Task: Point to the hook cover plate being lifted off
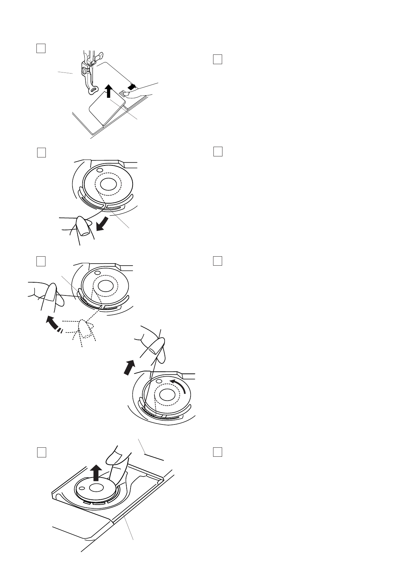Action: (104, 108)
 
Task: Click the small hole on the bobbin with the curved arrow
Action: (159, 381)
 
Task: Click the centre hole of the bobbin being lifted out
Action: (94, 488)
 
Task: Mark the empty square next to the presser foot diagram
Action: (41, 48)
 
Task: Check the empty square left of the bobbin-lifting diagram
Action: (41, 453)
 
